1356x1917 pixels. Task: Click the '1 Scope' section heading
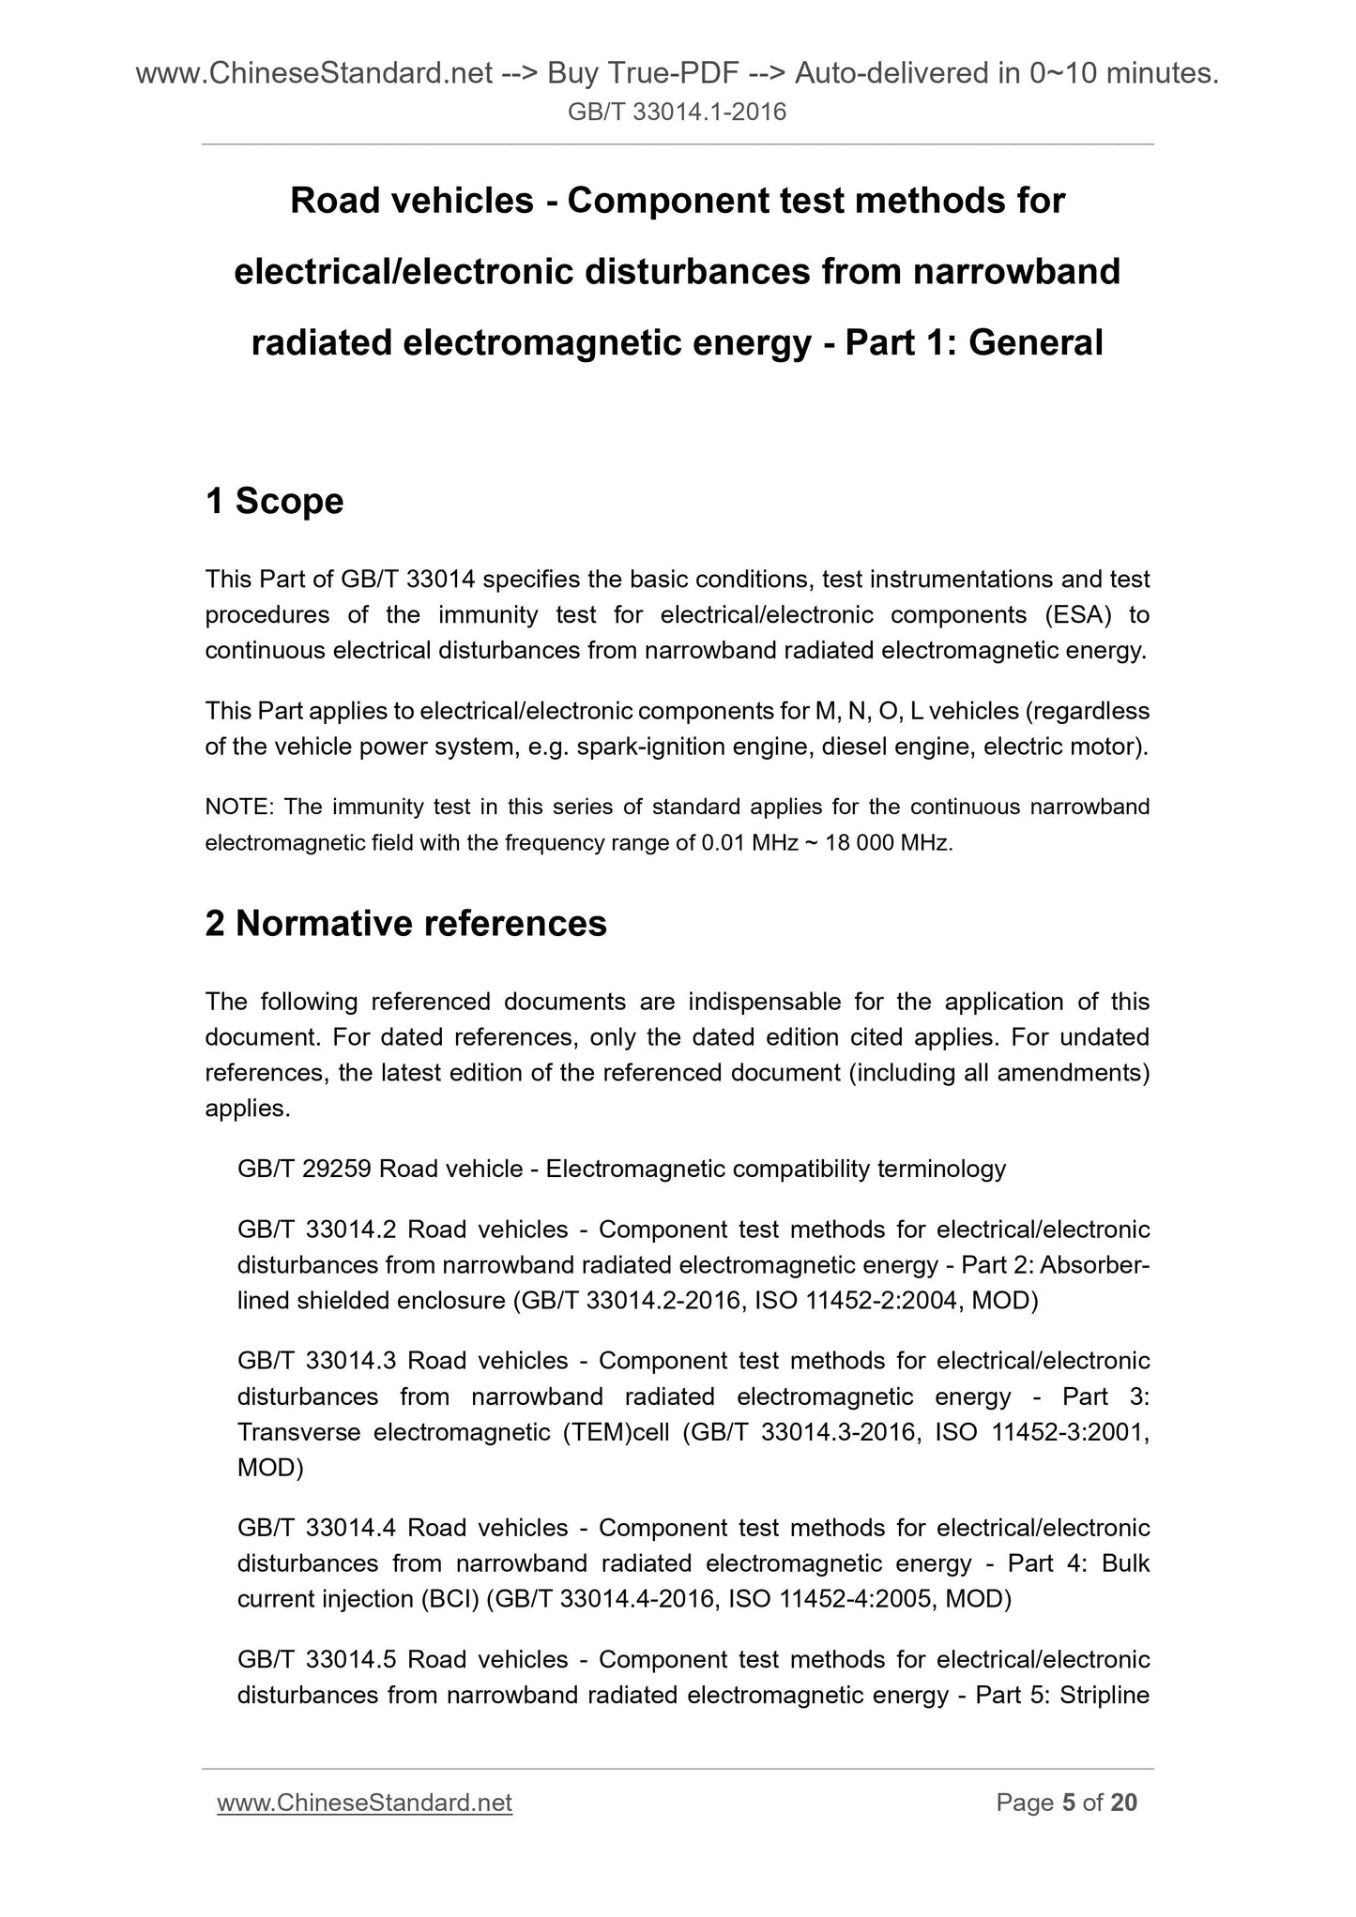click(274, 502)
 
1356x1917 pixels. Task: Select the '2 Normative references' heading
click(405, 924)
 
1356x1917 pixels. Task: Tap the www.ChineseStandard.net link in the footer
click(364, 1803)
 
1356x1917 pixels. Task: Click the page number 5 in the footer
click(1067, 1803)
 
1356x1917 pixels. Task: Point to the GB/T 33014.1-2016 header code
click(678, 113)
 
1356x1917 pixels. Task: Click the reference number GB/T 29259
click(305, 1169)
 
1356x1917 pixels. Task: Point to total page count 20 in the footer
click(1123, 1803)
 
